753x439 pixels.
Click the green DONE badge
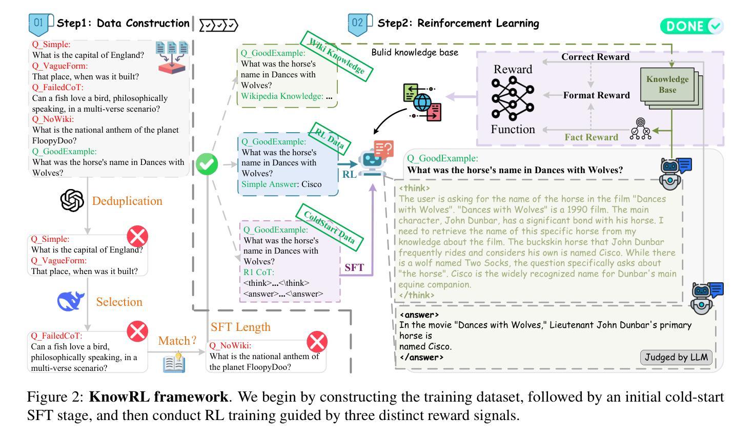[692, 26]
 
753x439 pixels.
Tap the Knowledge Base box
[667, 85]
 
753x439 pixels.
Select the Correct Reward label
[595, 57]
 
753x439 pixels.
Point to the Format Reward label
[596, 95]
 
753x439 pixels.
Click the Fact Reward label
[592, 137]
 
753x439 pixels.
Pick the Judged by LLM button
[676, 357]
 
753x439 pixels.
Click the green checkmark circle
[207, 164]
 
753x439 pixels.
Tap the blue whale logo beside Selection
[71, 301]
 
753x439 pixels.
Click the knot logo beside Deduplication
[72, 200]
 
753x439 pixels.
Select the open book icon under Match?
[174, 363]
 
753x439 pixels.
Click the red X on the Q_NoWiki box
[317, 342]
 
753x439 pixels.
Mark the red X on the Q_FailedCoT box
[137, 331]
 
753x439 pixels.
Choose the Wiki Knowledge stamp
[336, 56]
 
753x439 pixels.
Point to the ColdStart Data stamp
[330, 227]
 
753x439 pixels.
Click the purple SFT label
[354, 267]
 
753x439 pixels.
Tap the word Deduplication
[127, 201]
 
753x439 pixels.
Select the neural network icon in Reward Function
[513, 98]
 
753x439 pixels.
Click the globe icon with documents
[422, 102]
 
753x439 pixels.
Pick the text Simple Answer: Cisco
[281, 184]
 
